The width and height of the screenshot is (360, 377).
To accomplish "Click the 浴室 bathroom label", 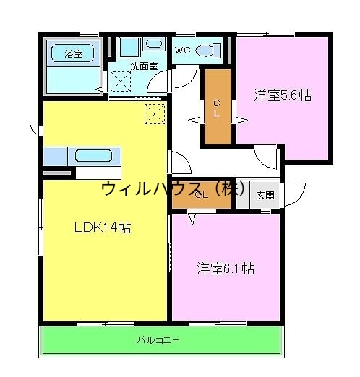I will [73, 53].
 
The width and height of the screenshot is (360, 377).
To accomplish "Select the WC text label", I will [181, 51].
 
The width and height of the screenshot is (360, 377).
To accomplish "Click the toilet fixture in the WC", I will [209, 51].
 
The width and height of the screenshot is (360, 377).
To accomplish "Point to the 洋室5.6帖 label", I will [282, 95].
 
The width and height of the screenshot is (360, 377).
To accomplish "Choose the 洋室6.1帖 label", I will [226, 269].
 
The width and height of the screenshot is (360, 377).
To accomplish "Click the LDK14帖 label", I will [103, 227].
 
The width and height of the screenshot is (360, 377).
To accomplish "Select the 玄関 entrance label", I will [265, 194].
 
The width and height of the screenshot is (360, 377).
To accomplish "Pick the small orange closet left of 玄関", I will [201, 194].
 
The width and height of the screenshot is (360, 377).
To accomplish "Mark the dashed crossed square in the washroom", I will [119, 82].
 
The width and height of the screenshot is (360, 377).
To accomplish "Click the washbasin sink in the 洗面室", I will [154, 45].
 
